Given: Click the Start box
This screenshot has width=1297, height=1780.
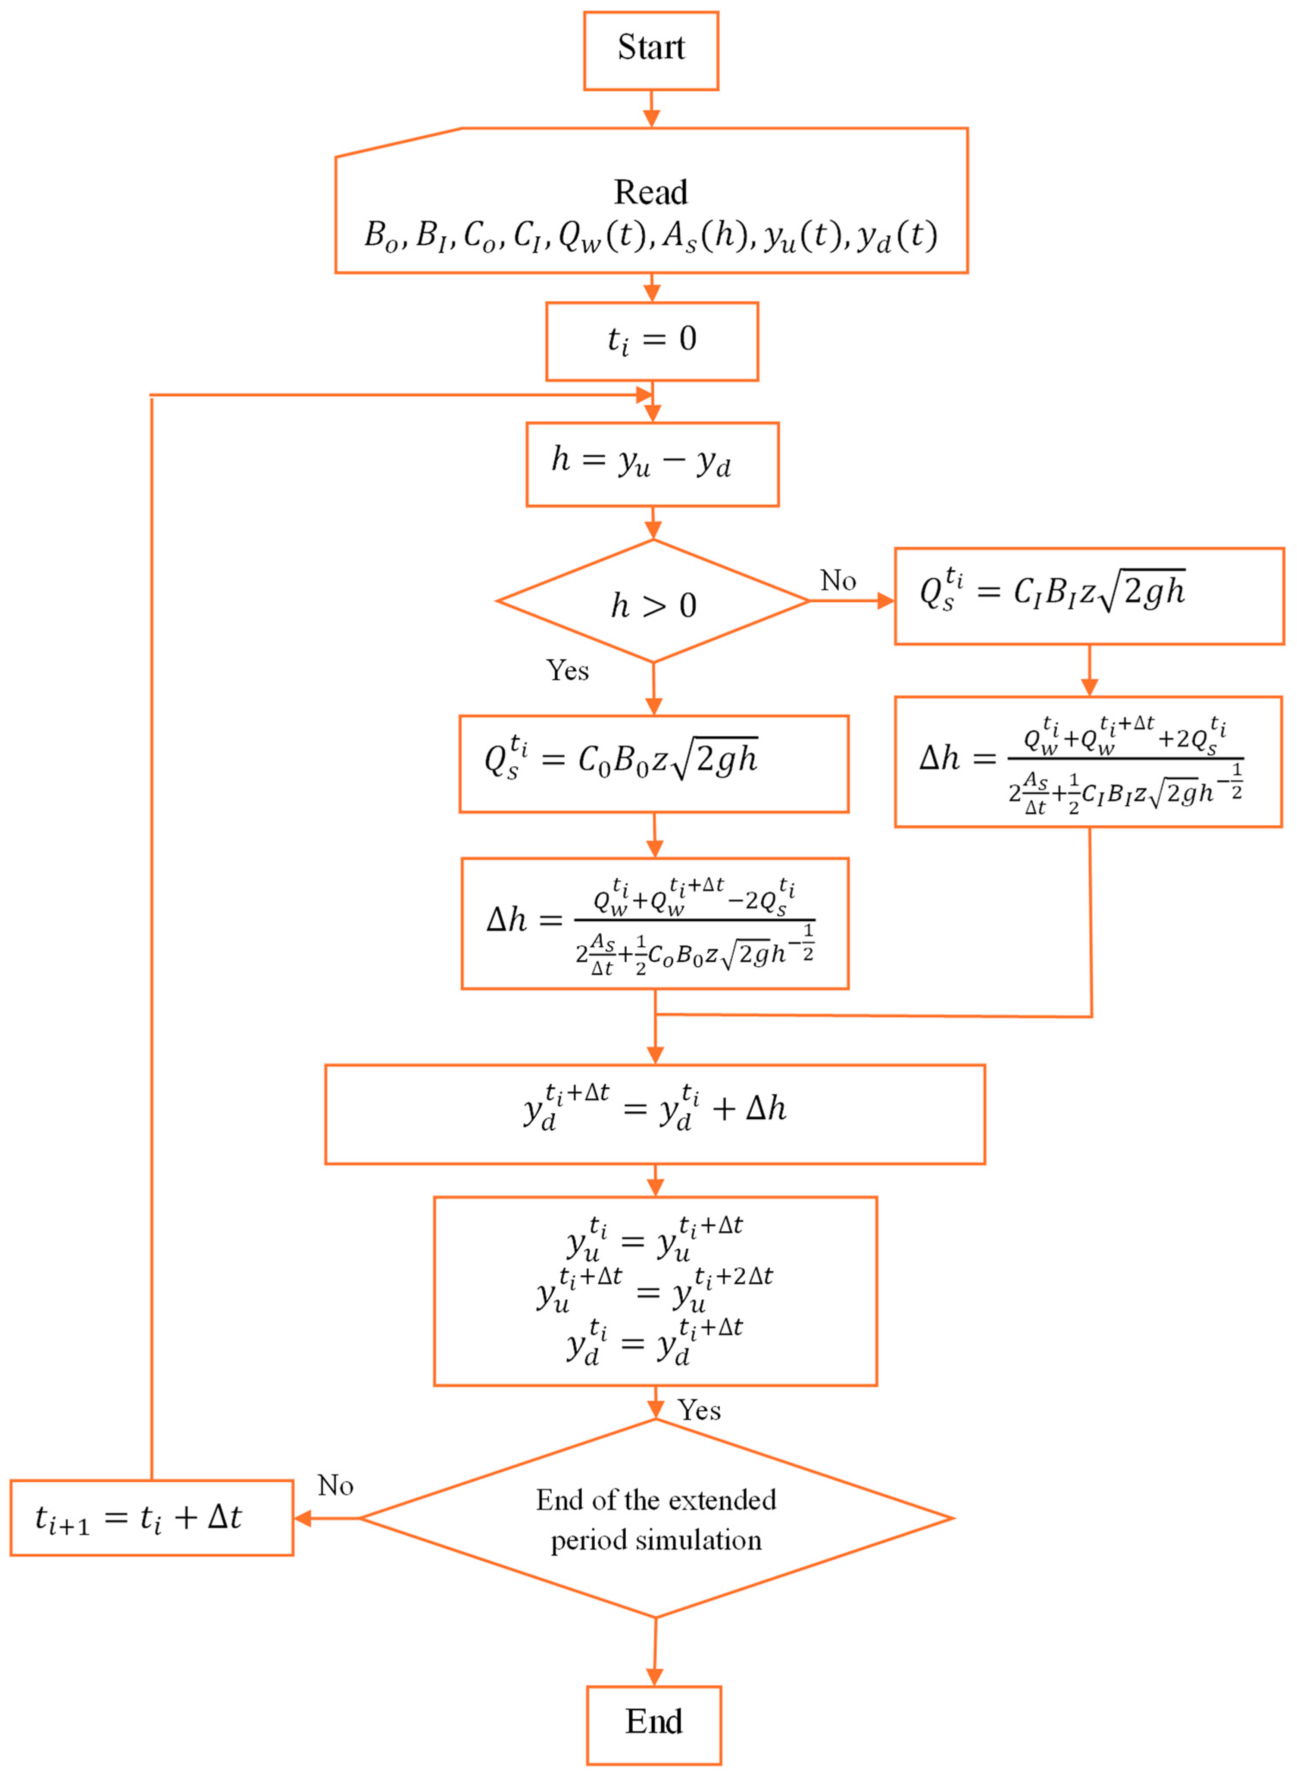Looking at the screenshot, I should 651,50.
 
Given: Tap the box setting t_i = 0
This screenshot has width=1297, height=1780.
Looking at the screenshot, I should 652,341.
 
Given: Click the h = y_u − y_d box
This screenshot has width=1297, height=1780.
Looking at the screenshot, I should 652,464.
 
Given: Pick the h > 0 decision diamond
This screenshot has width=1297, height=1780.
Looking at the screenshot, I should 653,601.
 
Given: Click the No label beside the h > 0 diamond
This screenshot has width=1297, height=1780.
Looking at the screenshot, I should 838,581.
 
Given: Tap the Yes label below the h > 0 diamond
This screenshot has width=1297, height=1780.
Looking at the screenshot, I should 567,670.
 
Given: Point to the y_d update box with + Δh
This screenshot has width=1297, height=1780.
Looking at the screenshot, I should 655,1114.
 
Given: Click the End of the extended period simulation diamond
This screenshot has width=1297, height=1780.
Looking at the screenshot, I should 656,1518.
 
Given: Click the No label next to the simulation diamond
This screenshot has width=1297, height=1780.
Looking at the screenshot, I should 335,1486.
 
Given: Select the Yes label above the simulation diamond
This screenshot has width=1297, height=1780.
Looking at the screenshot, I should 699,1410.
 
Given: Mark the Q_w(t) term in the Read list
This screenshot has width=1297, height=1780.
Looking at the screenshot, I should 603,235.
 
